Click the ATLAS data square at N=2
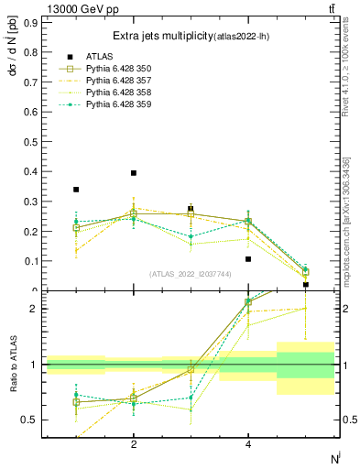pos(134,173)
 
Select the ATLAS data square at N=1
pos(76,190)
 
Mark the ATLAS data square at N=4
pos(248,258)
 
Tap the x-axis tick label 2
pos(134,444)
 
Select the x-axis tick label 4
pos(248,444)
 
